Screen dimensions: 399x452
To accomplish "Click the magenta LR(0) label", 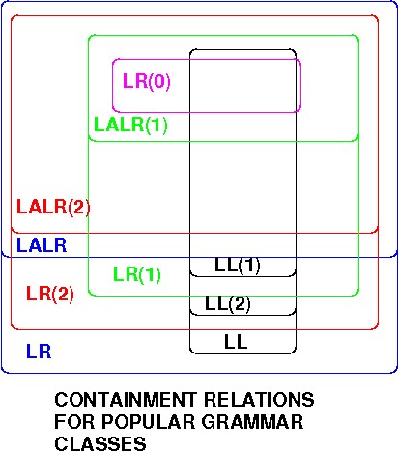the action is (x=147, y=81).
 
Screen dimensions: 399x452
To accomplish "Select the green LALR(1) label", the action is (x=130, y=125).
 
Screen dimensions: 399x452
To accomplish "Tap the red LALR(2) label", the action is (x=53, y=207).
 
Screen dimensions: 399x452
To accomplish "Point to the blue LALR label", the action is (x=42, y=245).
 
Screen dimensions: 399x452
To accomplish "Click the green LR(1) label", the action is (x=137, y=274).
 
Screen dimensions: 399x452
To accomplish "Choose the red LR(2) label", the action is (x=50, y=294).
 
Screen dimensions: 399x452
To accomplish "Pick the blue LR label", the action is (x=39, y=352).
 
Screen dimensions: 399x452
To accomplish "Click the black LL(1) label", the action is (x=238, y=266).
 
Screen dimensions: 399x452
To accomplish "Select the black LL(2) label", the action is (x=228, y=303).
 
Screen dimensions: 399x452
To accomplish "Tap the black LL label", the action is (x=236, y=342).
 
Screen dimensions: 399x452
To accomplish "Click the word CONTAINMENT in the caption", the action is (x=126, y=400).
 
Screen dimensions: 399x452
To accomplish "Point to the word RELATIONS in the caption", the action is (x=259, y=400).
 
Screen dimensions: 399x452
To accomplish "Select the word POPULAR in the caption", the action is (x=147, y=421).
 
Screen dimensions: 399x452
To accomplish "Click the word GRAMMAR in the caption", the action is (x=252, y=421).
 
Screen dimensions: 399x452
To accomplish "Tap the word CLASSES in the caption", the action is (x=100, y=443).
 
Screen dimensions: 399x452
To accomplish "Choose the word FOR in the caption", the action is (x=73, y=421).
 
